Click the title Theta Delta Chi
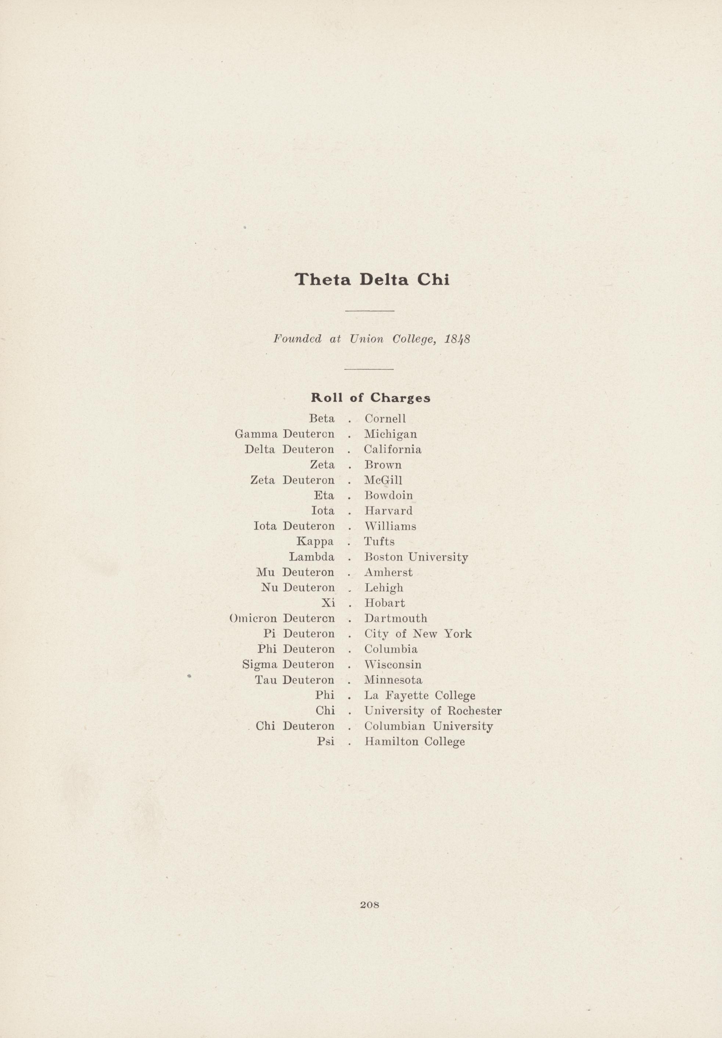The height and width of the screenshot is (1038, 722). [x=371, y=280]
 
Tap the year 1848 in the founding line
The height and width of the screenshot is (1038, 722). [x=457, y=340]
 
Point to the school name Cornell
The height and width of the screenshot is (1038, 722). [x=385, y=419]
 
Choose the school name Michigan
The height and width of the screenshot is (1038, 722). [x=391, y=434]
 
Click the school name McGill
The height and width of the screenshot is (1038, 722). [x=383, y=480]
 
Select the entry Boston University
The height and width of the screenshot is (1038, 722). [x=416, y=557]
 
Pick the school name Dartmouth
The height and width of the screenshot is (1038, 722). [x=396, y=618]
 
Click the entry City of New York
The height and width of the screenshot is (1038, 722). [x=418, y=634]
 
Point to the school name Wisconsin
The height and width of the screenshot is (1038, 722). [x=393, y=665]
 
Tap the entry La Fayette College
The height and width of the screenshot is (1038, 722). [x=420, y=695]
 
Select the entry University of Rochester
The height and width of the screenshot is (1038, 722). [x=433, y=711]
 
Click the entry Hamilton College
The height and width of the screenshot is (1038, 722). [x=414, y=742]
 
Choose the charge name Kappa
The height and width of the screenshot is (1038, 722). [x=315, y=542]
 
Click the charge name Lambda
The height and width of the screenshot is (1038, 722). [x=312, y=557]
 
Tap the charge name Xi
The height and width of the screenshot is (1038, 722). [x=328, y=603]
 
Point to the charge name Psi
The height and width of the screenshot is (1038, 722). [x=326, y=741]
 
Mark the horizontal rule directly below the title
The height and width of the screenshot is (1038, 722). [x=369, y=310]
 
